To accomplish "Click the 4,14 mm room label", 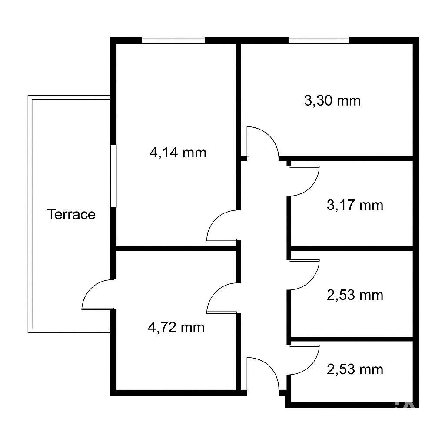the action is point(178,153).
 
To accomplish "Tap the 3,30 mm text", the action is point(332,101).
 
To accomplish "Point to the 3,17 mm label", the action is point(355,205).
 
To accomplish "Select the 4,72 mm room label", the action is point(176,328).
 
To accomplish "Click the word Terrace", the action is point(71,214).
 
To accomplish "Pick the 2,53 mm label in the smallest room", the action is point(355,369).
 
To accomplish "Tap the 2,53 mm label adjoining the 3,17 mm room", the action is point(355,295).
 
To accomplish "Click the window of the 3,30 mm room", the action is point(319,40).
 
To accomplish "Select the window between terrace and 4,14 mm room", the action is point(113,176).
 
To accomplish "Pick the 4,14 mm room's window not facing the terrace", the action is point(173,40).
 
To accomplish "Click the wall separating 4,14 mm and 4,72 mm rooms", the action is point(176,249).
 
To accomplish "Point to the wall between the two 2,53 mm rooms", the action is point(352,339).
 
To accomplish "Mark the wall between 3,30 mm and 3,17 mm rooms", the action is point(346,158).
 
